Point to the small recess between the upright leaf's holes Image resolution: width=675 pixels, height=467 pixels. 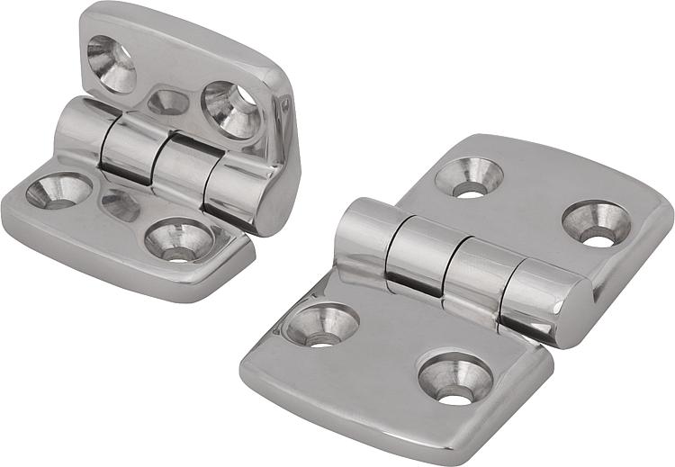click(x=168, y=103)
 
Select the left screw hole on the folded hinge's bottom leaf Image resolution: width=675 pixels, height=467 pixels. click(x=58, y=191)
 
